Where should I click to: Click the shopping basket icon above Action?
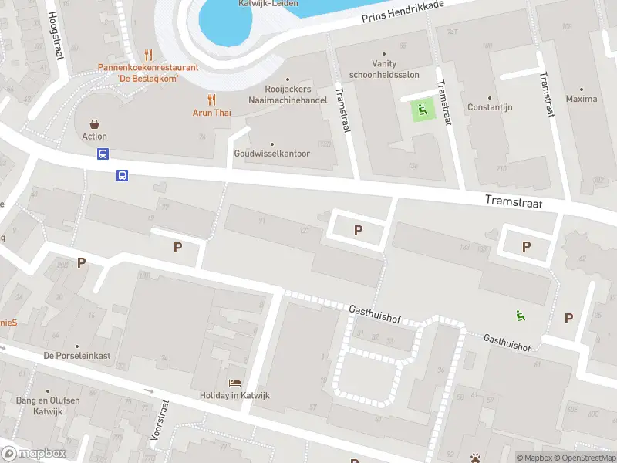[94, 123]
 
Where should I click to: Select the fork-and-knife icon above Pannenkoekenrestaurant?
[148, 55]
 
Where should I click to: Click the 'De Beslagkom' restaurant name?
[148, 78]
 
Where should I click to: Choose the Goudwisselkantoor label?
[271, 153]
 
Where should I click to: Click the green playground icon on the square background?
[421, 110]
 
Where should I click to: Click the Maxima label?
[581, 99]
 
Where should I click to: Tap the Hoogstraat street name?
[56, 35]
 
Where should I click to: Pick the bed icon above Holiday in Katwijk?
[234, 383]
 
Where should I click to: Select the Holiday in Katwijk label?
[234, 396]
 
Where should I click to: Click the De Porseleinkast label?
[76, 356]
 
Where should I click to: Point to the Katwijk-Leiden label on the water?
[239, 3]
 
